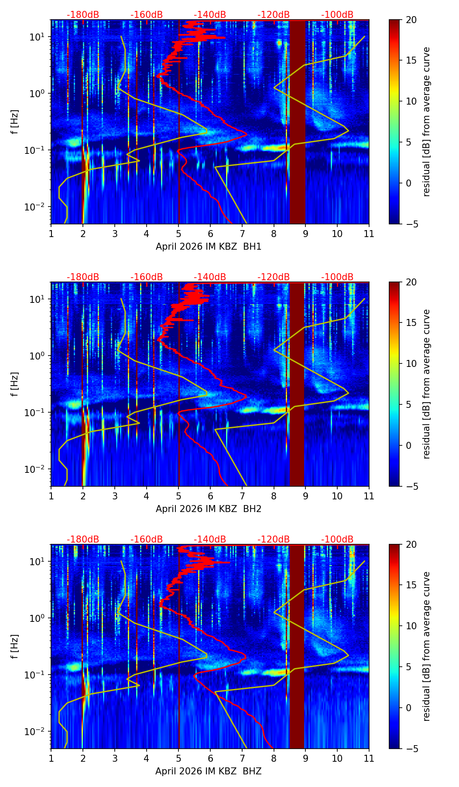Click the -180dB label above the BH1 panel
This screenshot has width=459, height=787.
click(83, 15)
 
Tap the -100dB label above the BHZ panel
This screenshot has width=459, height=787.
click(337, 539)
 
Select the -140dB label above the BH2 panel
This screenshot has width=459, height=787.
click(210, 277)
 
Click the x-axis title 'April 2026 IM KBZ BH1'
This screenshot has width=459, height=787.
click(209, 247)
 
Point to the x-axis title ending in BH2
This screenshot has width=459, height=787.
click(209, 509)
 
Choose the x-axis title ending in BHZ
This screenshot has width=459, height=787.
click(209, 771)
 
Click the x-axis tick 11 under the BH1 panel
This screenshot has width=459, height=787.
click(369, 233)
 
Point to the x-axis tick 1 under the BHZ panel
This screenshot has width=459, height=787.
click(51, 758)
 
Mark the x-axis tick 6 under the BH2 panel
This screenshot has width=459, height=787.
click(210, 495)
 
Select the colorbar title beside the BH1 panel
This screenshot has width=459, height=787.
click(426, 122)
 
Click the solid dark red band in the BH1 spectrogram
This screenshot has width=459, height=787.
click(297, 122)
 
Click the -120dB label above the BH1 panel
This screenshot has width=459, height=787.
click(274, 15)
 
